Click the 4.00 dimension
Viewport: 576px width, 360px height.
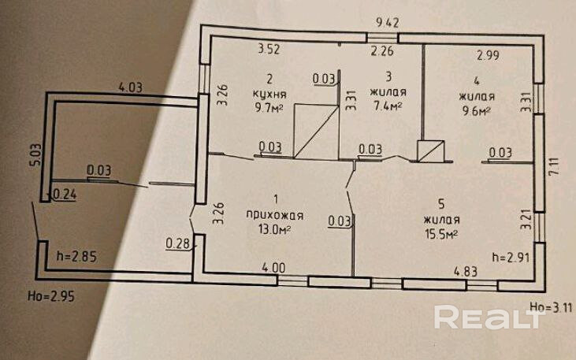273,268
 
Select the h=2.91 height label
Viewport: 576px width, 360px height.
508,257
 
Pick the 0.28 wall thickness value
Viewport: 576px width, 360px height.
177,243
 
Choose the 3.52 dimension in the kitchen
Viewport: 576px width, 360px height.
270,52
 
